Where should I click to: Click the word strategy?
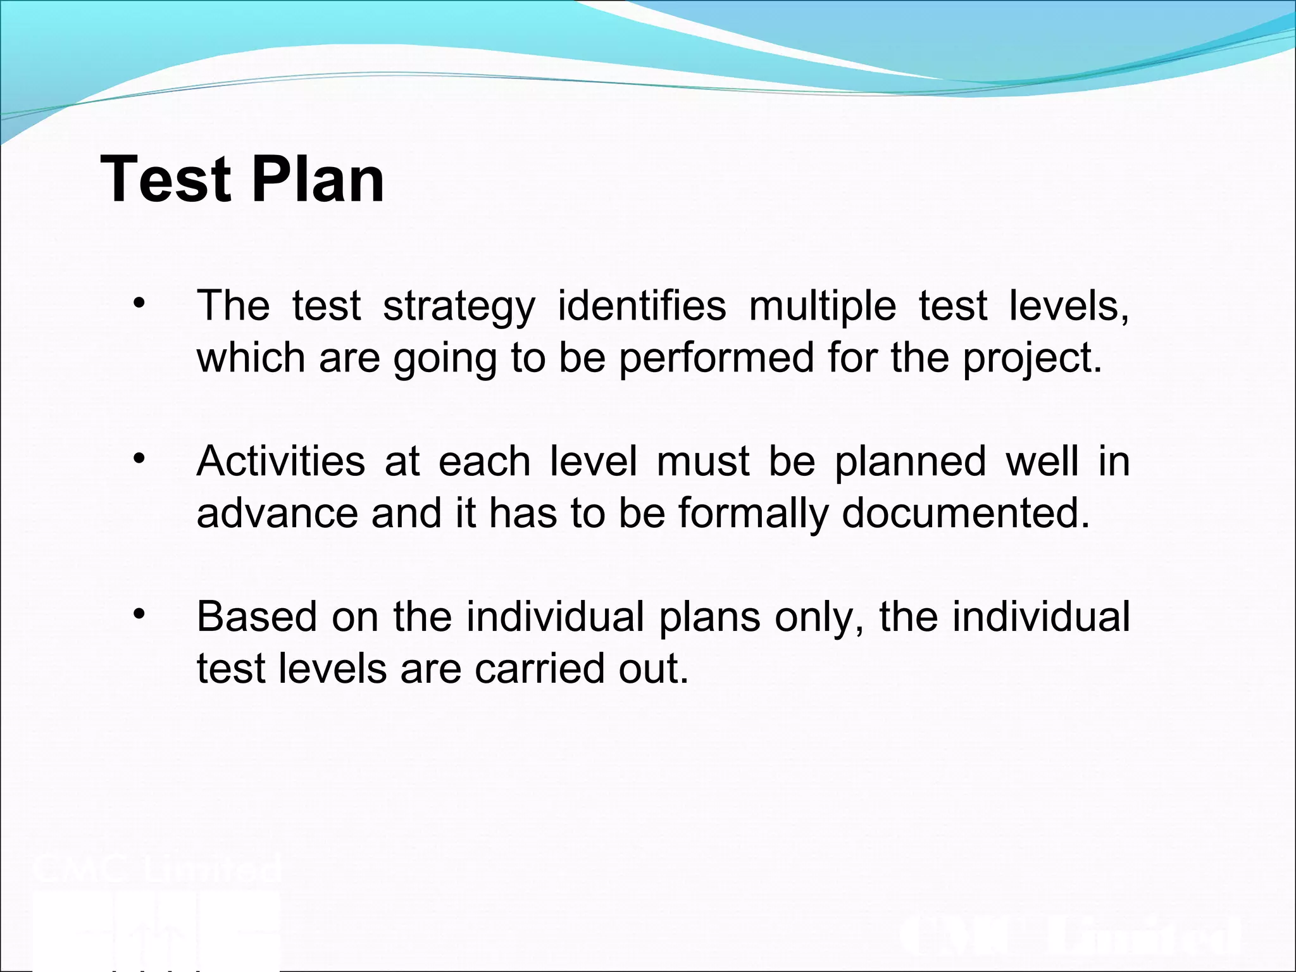tap(459, 307)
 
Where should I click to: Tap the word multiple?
tap(822, 307)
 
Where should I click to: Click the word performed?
tap(716, 359)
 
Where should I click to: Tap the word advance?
tap(277, 513)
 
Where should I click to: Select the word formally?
tap(753, 513)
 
